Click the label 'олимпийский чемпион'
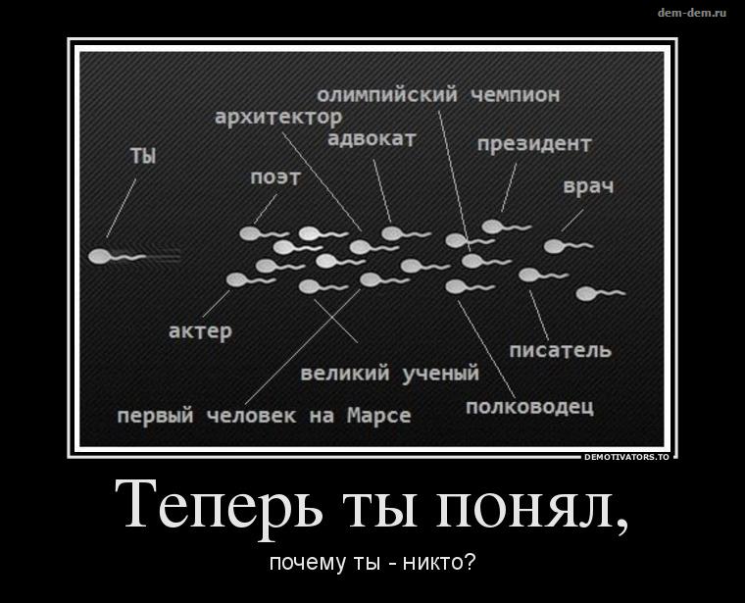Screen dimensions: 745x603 (x=438, y=95)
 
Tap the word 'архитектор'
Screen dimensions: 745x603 (x=278, y=117)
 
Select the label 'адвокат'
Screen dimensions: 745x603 (x=372, y=139)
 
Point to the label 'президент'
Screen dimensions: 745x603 (x=534, y=144)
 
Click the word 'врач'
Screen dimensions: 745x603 (x=588, y=186)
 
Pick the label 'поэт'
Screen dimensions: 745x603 (x=275, y=177)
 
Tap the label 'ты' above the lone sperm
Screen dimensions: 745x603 (x=143, y=156)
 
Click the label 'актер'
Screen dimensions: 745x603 (x=201, y=330)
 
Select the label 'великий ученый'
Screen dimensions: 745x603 (x=390, y=373)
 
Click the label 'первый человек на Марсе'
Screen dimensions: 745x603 (x=264, y=416)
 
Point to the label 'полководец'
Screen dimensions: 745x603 (x=529, y=407)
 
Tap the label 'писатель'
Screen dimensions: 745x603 (x=560, y=350)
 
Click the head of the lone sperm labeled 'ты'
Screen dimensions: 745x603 (x=99, y=257)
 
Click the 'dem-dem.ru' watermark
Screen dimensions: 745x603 (x=692, y=13)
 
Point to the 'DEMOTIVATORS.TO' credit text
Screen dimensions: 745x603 (x=626, y=457)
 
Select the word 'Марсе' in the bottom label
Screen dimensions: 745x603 (x=379, y=416)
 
